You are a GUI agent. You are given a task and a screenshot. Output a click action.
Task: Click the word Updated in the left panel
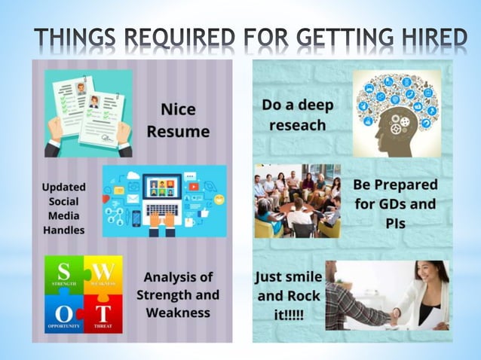coord(63,187)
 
